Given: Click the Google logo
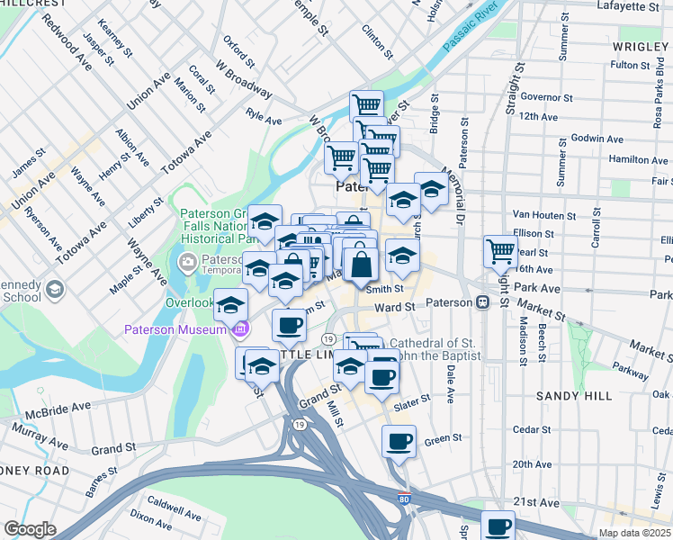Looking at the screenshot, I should (x=30, y=529).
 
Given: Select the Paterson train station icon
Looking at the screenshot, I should (x=482, y=302).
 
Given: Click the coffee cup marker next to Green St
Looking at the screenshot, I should (x=399, y=441).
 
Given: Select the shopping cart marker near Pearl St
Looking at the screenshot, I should (x=500, y=251).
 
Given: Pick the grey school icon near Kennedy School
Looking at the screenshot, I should (x=55, y=289).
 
